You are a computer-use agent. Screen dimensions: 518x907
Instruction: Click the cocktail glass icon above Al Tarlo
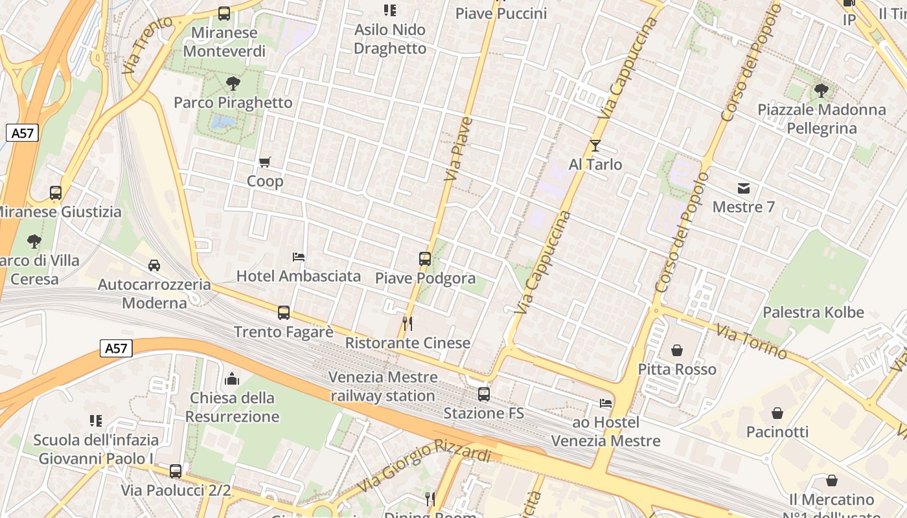[x=595, y=146]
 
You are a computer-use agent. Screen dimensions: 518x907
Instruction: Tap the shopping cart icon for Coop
[x=264, y=162]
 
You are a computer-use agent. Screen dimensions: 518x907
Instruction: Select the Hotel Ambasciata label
[x=298, y=276]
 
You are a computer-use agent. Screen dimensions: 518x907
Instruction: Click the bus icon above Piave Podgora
[x=425, y=259]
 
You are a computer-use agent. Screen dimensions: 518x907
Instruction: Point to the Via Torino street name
[x=752, y=341]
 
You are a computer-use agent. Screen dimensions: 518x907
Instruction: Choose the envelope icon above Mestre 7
[x=743, y=188]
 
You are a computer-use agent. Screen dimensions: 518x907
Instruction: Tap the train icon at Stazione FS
[x=483, y=394]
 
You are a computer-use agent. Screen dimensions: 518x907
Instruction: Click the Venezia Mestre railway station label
[x=382, y=386]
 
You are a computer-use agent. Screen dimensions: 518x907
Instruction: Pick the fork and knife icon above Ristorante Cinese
[x=408, y=324]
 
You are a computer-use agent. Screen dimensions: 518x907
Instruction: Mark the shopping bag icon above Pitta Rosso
[x=677, y=350]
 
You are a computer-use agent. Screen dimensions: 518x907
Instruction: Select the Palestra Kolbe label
[x=813, y=312]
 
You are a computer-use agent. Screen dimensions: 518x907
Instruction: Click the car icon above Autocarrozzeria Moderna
[x=154, y=265]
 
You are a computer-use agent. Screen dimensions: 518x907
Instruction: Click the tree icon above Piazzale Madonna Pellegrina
[x=821, y=91]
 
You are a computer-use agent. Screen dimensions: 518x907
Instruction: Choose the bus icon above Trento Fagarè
[x=283, y=313]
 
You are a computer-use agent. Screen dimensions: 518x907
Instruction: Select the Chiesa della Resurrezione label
[x=232, y=407]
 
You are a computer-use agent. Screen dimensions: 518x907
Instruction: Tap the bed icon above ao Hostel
[x=606, y=403]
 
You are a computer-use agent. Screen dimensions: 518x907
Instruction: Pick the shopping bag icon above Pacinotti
[x=777, y=413]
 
